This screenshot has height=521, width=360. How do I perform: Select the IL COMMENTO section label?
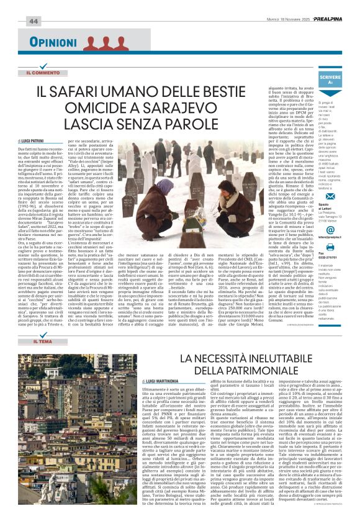click(x=47, y=73)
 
